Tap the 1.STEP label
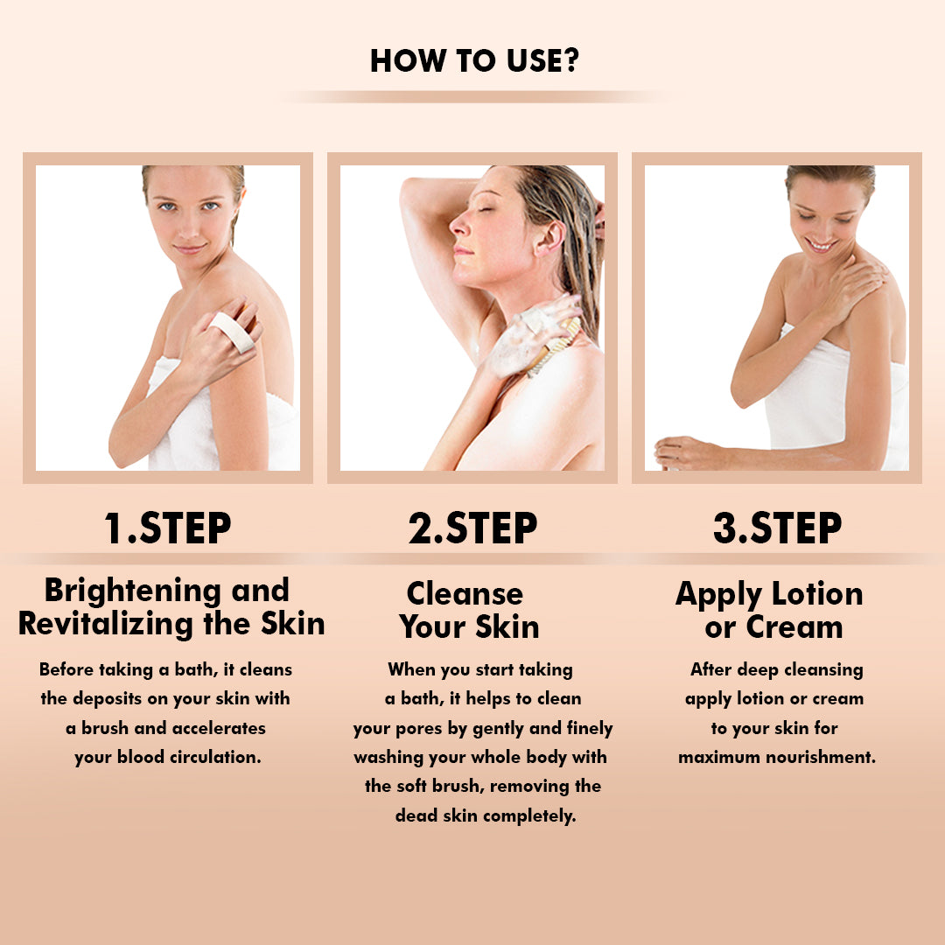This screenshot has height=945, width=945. [167, 528]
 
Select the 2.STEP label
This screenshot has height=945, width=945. [472, 528]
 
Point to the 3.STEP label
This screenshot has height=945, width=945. [777, 528]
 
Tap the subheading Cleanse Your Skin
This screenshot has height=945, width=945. [468, 610]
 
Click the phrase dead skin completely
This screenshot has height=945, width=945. [485, 815]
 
